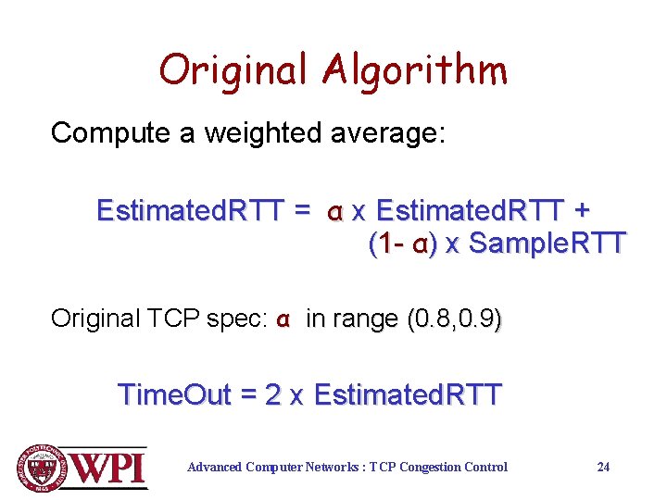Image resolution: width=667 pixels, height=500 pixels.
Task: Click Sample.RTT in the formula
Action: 546,245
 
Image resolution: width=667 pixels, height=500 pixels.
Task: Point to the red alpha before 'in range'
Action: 284,320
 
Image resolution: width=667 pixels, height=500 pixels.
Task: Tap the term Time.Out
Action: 174,395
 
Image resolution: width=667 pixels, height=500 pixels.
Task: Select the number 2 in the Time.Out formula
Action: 272,395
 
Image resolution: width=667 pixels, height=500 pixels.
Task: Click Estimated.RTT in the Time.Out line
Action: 408,395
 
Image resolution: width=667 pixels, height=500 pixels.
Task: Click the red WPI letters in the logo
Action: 109,467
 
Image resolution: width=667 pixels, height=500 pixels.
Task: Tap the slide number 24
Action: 603,467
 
